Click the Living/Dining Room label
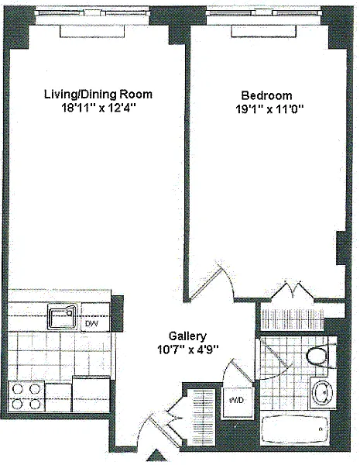(98, 95)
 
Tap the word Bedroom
(266, 95)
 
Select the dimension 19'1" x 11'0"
(269, 109)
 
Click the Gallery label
(187, 336)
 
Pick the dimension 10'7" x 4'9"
(188, 350)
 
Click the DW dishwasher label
(92, 323)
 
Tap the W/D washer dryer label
(237, 400)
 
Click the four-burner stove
(26, 397)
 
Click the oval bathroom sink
(324, 392)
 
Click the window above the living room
(92, 13)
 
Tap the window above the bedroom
(264, 13)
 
